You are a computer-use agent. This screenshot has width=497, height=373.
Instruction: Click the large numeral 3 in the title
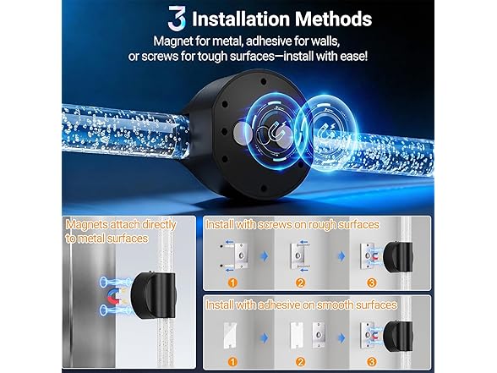click(x=177, y=19)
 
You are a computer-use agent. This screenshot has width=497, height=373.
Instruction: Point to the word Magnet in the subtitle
click(x=173, y=41)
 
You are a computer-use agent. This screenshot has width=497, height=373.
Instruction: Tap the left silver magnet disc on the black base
click(x=243, y=132)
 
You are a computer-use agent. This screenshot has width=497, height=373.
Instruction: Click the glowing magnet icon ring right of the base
click(x=328, y=130)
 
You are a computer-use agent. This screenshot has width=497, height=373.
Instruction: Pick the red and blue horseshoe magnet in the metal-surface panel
click(x=114, y=297)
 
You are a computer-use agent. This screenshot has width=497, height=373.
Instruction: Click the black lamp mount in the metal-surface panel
click(x=153, y=295)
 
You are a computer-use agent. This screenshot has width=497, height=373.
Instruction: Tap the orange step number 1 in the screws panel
click(x=232, y=282)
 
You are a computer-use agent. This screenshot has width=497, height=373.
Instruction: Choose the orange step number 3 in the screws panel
click(x=372, y=282)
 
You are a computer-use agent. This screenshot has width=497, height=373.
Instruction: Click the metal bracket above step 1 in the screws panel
click(x=239, y=256)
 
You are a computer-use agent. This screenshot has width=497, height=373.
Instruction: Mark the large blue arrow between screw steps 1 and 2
click(x=264, y=255)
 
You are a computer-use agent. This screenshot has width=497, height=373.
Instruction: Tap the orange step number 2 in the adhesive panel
click(x=300, y=362)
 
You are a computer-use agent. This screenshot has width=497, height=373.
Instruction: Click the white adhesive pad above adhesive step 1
click(x=230, y=334)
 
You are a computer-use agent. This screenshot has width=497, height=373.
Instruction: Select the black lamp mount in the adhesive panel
click(x=398, y=337)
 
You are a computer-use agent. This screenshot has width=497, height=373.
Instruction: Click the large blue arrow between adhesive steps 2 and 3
click(x=341, y=338)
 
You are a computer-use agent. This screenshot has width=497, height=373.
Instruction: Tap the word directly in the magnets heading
click(x=159, y=225)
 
